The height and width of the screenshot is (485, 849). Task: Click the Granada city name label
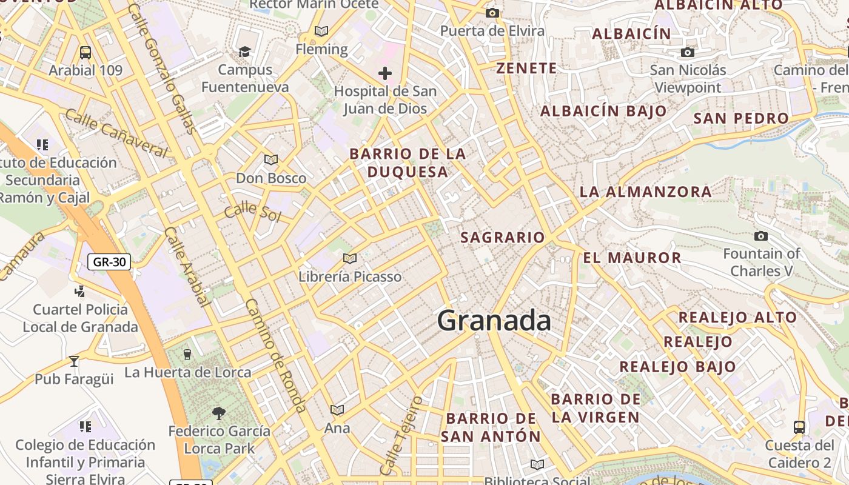click(494, 321)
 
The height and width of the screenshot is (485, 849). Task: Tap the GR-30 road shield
click(109, 262)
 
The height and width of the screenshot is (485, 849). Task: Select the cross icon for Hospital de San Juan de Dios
click(384, 74)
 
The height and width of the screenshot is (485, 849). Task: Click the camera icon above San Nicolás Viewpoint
click(687, 53)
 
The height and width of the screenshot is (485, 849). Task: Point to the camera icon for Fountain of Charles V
click(760, 236)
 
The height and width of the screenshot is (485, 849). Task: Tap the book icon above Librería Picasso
click(349, 259)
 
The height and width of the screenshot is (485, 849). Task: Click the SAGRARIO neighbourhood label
click(502, 237)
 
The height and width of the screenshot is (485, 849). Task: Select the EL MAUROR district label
click(632, 258)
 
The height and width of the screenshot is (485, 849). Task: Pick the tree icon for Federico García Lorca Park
click(219, 413)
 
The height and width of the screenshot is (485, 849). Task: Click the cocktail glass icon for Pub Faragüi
click(74, 361)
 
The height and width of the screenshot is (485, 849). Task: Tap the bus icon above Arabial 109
click(86, 53)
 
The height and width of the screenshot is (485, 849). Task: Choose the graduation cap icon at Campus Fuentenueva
click(244, 52)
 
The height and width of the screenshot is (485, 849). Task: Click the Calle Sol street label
click(252, 212)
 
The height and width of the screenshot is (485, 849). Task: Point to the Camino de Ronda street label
click(276, 355)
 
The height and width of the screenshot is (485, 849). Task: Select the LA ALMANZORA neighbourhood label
click(645, 192)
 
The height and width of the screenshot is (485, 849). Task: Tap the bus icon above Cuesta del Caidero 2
click(799, 427)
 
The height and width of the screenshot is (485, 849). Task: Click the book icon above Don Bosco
click(270, 160)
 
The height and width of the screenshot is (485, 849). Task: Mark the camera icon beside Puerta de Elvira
click(492, 13)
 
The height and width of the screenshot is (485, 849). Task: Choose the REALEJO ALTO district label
click(737, 317)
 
